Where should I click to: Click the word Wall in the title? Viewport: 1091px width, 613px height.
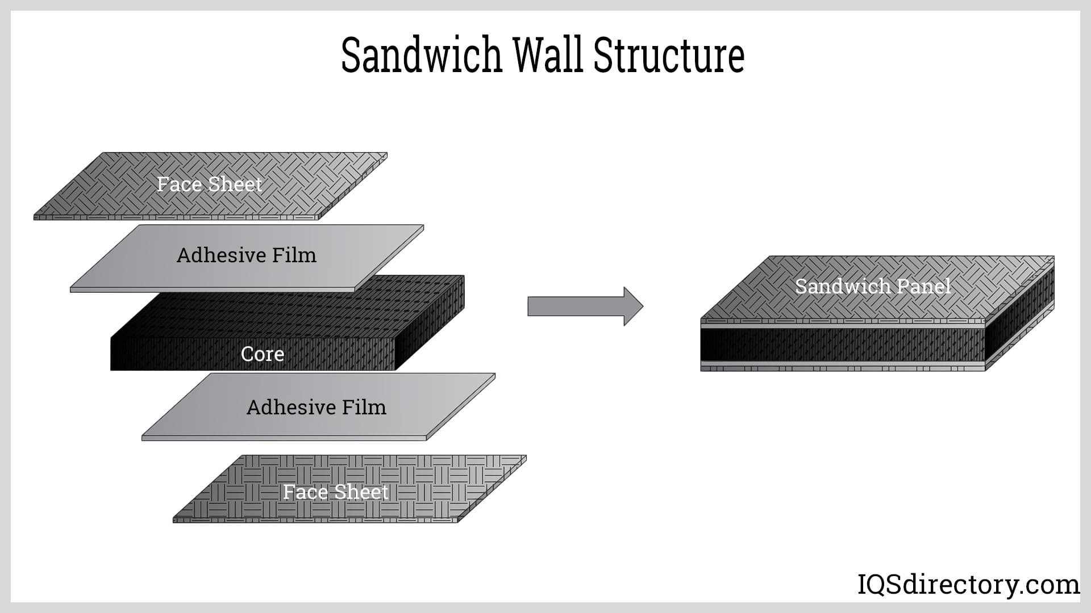click(x=548, y=56)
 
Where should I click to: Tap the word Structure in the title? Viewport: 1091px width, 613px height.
click(x=669, y=56)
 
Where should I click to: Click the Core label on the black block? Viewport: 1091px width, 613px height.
click(x=262, y=354)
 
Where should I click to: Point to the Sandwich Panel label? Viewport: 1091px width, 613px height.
click(x=872, y=286)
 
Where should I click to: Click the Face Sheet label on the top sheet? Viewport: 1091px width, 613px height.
click(x=209, y=184)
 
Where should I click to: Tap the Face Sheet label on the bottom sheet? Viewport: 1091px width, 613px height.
click(x=335, y=492)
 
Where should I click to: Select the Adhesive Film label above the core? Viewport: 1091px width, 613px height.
click(x=246, y=255)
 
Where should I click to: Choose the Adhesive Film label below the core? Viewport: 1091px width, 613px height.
click(x=316, y=408)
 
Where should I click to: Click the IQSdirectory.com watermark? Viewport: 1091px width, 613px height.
click(x=968, y=584)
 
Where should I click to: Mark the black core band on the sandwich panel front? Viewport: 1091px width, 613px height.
click(x=841, y=345)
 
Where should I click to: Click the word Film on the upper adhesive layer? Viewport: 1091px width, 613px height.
click(x=293, y=255)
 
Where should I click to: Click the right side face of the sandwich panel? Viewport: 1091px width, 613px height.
click(x=1020, y=315)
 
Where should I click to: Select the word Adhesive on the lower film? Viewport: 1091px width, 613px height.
click(x=285, y=408)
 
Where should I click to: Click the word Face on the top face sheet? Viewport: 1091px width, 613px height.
click(x=179, y=184)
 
